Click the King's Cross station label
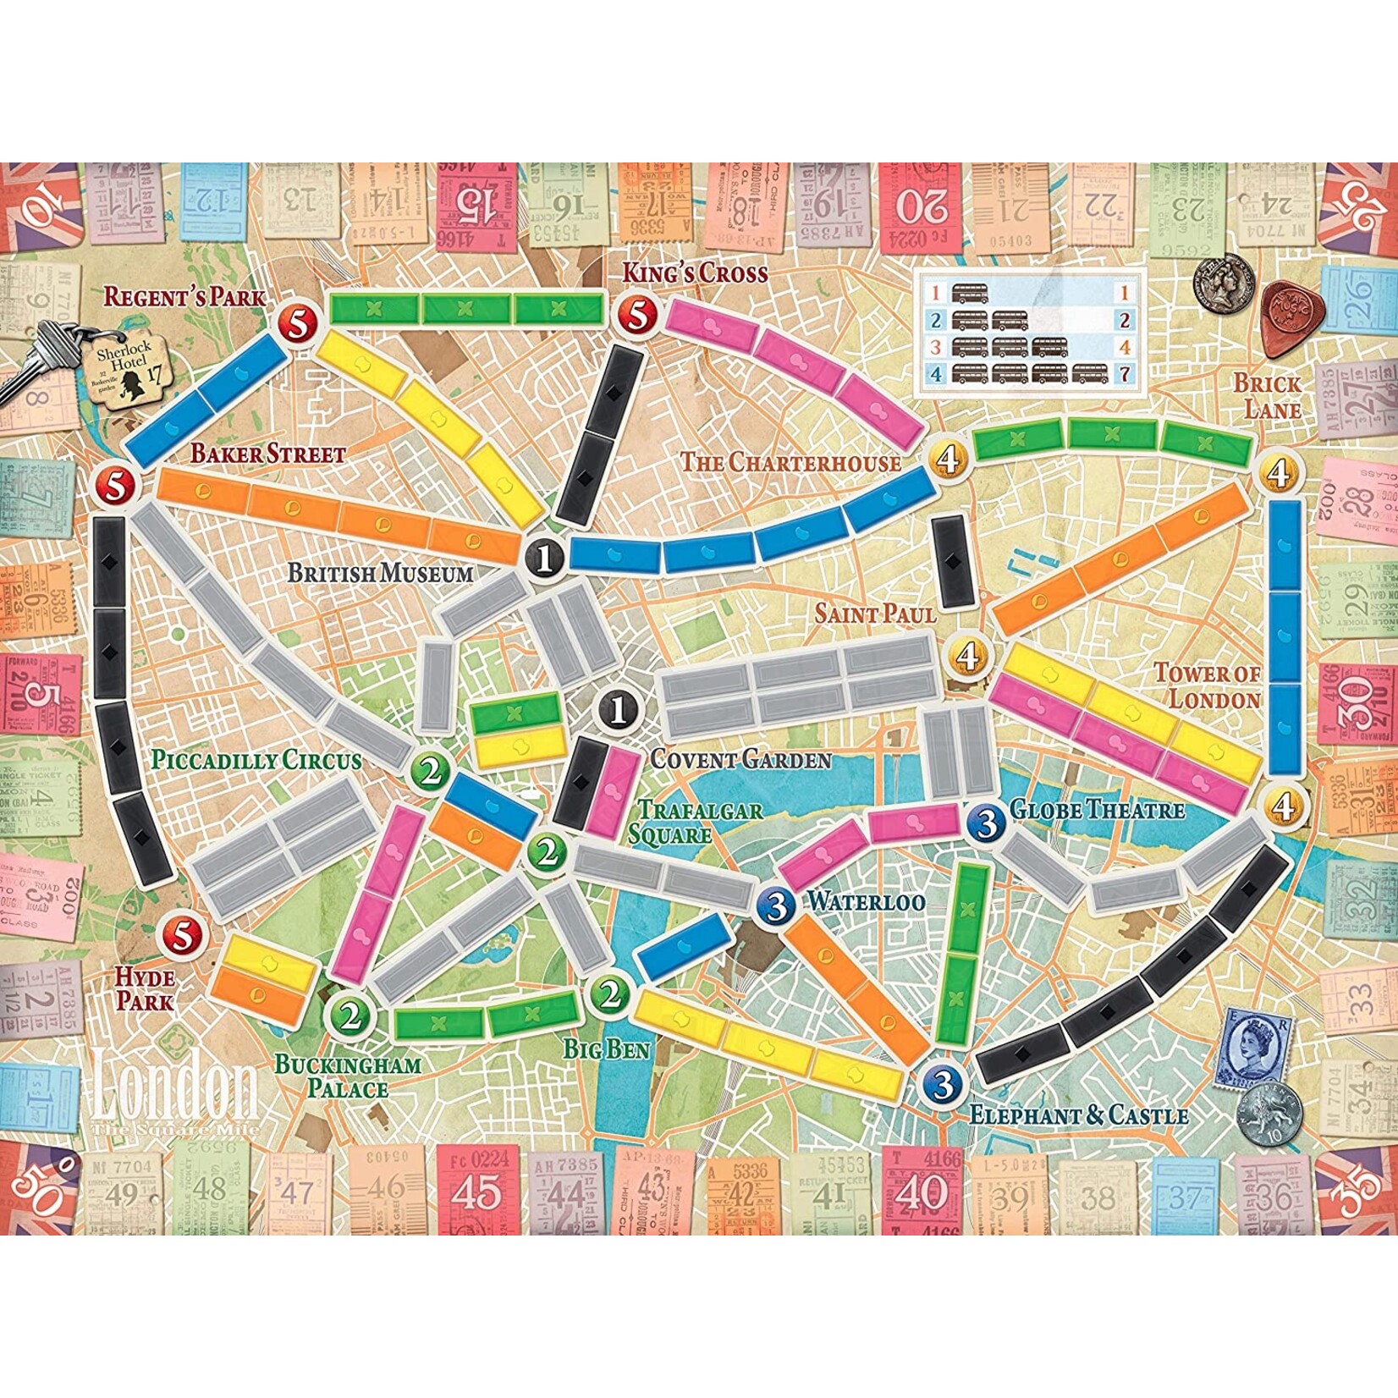[695, 272]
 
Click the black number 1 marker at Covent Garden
[619, 709]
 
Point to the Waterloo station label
[865, 901]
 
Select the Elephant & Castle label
[1078, 1115]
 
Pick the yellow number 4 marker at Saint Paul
[969, 654]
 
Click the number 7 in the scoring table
[1125, 372]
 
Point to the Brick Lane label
[1266, 396]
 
